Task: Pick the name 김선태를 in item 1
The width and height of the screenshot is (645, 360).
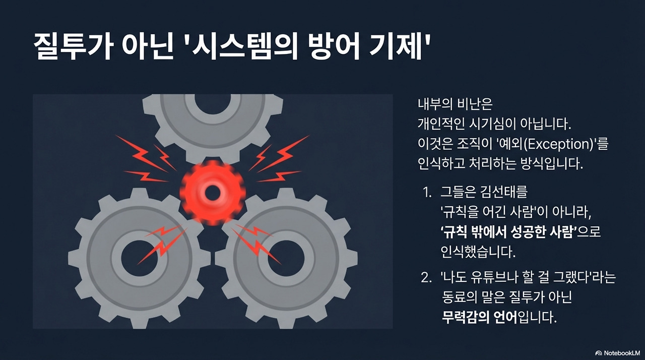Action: point(513,193)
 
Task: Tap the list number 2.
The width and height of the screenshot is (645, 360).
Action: point(426,278)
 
